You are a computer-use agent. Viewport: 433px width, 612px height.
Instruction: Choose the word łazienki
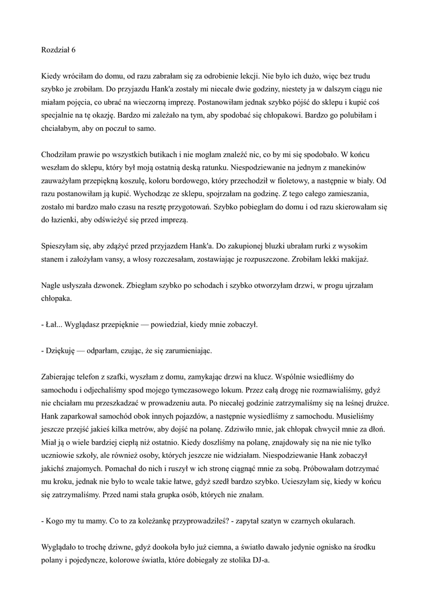(x=65, y=221)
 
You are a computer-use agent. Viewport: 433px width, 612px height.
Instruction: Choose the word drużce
(x=378, y=403)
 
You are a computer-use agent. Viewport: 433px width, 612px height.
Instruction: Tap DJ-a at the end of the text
(x=260, y=560)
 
